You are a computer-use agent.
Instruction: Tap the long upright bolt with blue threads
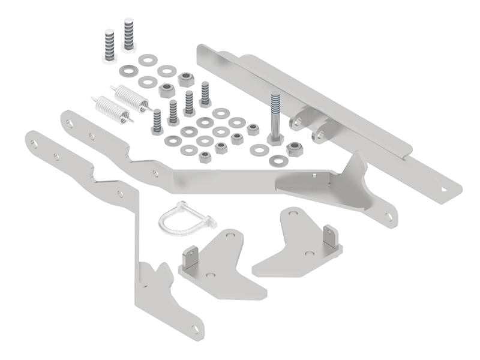(x=275, y=116)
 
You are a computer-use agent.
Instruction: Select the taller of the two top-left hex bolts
(x=128, y=34)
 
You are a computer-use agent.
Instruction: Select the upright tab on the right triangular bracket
(x=329, y=236)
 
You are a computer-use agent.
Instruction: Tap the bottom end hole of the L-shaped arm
(x=194, y=328)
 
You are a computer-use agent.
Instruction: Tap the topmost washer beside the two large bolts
(x=146, y=60)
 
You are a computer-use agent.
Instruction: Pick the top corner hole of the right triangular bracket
(x=293, y=214)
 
